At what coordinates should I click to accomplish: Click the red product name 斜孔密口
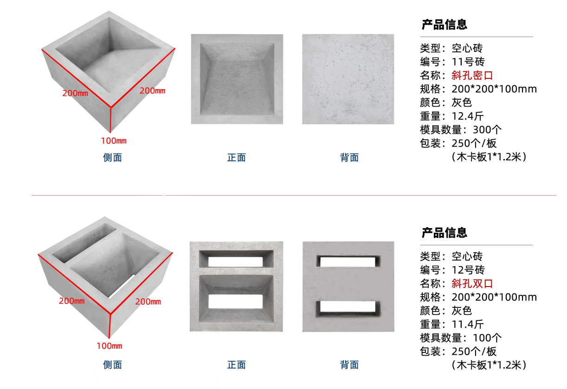coord(472,75)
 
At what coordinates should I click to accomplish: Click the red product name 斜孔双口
coord(472,283)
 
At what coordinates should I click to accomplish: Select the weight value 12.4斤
coord(468,116)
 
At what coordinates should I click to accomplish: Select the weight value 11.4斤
coord(468,324)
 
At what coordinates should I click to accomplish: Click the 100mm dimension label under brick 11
coord(114,141)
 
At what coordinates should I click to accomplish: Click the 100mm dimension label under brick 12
coord(109,346)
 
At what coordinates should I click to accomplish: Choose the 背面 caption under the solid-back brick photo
coord(349,158)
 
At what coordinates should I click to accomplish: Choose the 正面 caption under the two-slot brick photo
coord(236,365)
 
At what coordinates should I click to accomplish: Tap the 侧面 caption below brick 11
coord(112,158)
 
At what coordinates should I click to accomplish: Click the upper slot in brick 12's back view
coord(348,261)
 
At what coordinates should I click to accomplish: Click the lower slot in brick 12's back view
coord(348,307)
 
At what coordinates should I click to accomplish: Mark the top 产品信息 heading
coord(444,25)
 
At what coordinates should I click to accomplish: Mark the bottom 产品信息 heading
coord(444,233)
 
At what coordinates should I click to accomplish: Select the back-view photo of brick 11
coord(348,79)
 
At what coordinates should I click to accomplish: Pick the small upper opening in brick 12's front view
coord(236,261)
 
